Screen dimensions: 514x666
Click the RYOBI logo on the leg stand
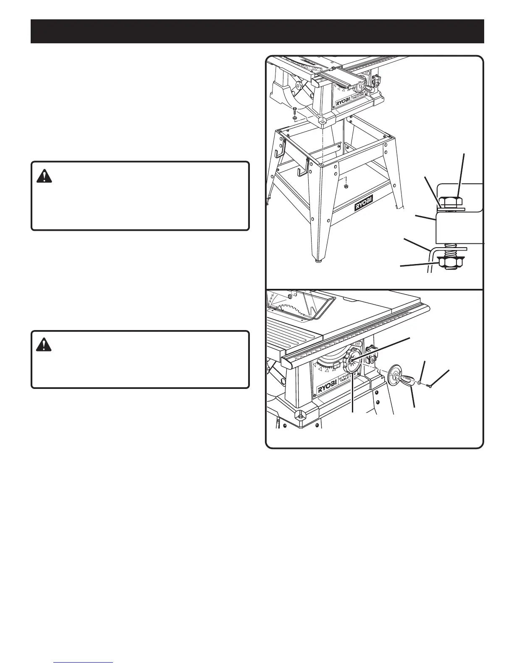tap(367, 206)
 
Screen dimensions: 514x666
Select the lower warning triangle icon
tap(44, 345)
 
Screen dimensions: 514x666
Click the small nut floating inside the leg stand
tap(346, 186)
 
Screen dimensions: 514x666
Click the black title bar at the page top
tap(257, 31)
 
